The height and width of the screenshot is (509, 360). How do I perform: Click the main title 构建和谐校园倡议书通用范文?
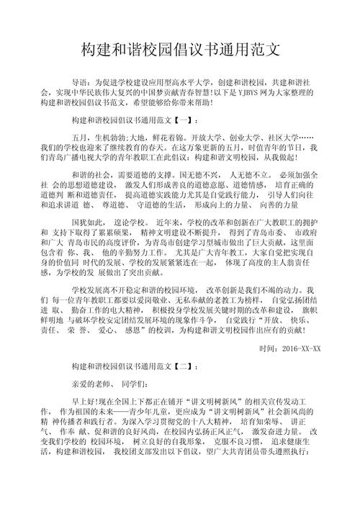tap(180, 50)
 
